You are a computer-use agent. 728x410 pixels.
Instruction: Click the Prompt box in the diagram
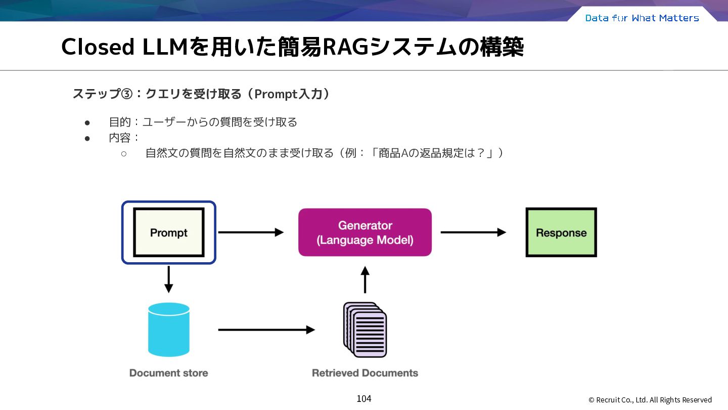pos(169,232)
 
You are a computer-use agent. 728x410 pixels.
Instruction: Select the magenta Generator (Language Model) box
pos(365,232)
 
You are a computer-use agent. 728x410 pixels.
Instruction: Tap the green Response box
pos(561,232)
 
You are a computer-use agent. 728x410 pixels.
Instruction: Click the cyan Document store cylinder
pos(169,330)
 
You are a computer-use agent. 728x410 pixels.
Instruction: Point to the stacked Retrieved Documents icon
pos(365,330)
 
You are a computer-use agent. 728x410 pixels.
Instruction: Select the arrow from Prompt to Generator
pos(251,232)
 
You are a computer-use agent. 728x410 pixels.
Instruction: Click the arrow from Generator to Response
pos(474,232)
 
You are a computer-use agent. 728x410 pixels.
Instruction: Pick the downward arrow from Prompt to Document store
pos(169,279)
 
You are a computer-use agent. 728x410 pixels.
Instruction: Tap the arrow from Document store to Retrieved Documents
pos(266,330)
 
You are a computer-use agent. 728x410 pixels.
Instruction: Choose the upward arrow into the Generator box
pos(365,280)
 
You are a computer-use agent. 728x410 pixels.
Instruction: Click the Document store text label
pos(169,373)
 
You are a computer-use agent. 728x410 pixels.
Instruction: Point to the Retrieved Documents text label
pos(365,373)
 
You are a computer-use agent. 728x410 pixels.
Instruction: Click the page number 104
pos(364,399)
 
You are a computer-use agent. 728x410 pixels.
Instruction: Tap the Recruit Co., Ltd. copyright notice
pos(650,400)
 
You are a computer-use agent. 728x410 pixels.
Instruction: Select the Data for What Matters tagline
pos(642,18)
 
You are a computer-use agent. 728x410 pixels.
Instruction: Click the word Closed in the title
pos(98,47)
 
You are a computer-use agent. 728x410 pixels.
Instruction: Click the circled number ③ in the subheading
pos(127,94)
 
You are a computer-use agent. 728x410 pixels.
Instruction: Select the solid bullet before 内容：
pos(87,139)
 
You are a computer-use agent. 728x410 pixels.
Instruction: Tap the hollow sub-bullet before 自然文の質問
pos(124,153)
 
